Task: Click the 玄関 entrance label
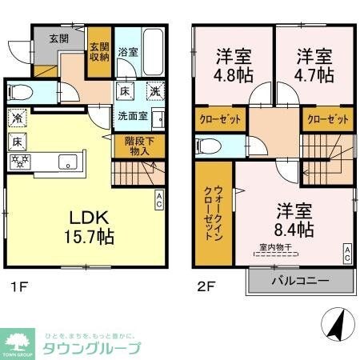(58, 38)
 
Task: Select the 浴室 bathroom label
(128, 51)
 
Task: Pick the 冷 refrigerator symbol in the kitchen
(17, 118)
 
